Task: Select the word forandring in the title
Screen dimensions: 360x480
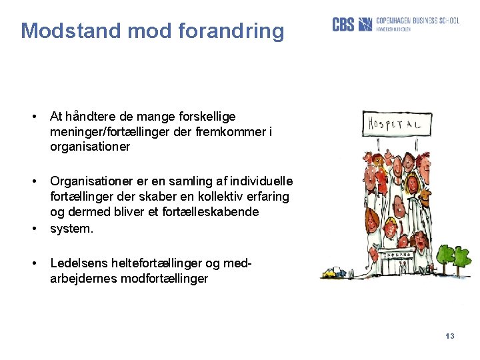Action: point(232,31)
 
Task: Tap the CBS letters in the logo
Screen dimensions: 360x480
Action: point(343,25)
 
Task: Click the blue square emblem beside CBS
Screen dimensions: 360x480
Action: point(365,25)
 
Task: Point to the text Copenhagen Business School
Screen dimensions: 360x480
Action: point(417,21)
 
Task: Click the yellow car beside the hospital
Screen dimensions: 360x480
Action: point(331,272)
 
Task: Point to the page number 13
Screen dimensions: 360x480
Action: point(449,336)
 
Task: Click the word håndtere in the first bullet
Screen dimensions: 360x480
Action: point(89,117)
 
